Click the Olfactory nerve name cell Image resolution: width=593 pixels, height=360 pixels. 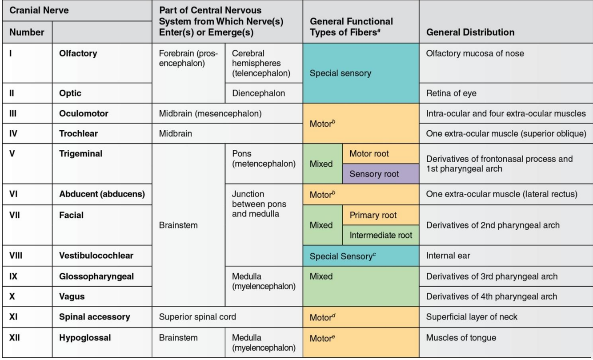coord(78,53)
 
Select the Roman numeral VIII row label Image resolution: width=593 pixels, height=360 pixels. coord(16,256)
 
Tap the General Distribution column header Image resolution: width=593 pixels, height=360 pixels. coord(470,32)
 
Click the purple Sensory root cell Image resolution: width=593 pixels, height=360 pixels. coord(374,174)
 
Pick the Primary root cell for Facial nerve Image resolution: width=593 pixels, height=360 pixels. coord(373,215)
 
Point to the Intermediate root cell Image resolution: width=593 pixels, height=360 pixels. coord(381,235)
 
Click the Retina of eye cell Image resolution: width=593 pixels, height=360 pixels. coord(451,93)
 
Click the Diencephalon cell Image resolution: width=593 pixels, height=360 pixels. coord(259,93)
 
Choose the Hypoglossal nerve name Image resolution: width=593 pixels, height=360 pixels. coord(85,338)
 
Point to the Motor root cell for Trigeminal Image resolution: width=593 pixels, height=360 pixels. coord(369,154)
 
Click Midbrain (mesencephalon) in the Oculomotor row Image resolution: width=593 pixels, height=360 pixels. coord(210,113)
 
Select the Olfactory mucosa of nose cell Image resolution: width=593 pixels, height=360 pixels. coord(475,53)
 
